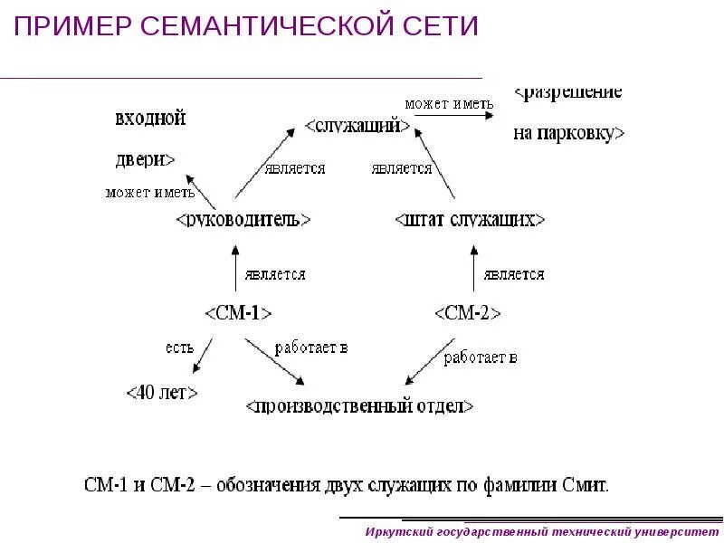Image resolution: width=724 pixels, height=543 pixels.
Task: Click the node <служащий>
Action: coord(353,127)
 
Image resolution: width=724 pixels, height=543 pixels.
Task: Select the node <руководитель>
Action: coord(243,220)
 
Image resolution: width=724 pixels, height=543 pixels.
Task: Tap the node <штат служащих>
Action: coord(471,220)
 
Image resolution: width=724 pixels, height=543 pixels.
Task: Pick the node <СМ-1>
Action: coord(238,313)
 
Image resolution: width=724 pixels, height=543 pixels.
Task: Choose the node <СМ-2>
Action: coord(467,313)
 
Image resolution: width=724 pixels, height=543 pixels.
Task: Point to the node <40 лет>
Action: coord(161,393)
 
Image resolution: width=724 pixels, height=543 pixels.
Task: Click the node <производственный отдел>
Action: coord(359,406)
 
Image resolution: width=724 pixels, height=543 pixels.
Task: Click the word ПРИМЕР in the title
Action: coord(71,26)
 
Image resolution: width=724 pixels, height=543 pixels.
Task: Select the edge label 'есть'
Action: coord(178,347)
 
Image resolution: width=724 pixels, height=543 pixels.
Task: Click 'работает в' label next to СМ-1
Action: coord(310,348)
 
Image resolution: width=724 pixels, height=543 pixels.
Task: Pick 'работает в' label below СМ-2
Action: coord(480,357)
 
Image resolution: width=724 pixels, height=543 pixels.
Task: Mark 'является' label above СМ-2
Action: coord(513,274)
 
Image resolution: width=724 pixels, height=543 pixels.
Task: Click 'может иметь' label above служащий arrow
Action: coord(449,104)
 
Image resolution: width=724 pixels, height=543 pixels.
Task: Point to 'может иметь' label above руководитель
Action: coord(149,192)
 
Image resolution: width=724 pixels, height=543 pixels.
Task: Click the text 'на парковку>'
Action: coord(568,134)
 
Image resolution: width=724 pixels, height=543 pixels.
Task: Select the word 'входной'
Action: coord(150,118)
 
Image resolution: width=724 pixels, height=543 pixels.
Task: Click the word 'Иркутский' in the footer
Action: coord(396,531)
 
